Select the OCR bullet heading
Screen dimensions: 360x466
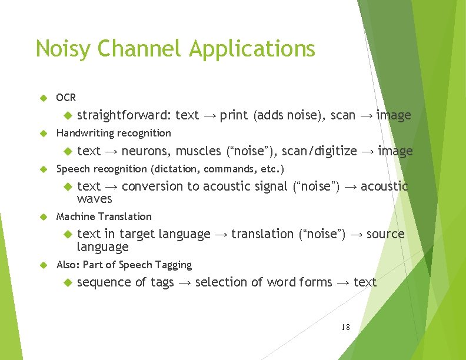(x=66, y=98)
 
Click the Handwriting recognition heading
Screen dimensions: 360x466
(x=114, y=133)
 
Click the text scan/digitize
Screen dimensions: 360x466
(x=319, y=151)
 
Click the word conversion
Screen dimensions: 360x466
(x=152, y=186)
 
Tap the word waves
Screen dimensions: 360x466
(x=94, y=199)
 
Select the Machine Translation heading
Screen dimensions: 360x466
(x=104, y=216)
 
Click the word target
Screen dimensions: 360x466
(x=138, y=234)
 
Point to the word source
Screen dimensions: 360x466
(x=385, y=234)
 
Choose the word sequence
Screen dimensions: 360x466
(x=104, y=282)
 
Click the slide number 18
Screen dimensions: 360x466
(x=345, y=326)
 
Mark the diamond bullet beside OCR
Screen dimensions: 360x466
(x=42, y=98)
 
